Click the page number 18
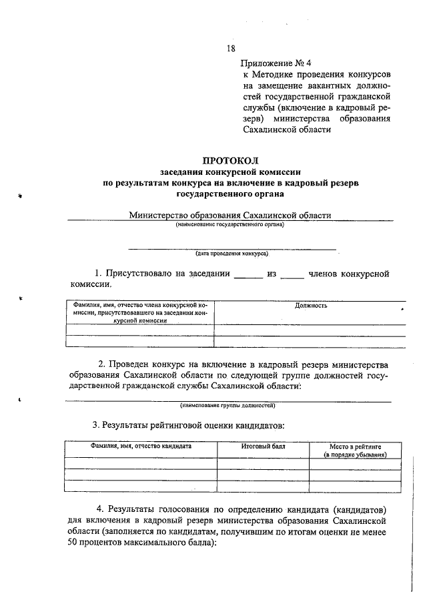231,48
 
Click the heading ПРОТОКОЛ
230,160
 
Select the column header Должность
310,306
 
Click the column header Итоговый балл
263,445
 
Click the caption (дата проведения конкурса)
232,254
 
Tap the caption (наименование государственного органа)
230,225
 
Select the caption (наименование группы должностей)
228,405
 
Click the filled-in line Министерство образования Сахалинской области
230,216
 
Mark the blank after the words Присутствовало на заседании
249,274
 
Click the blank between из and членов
292,274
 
